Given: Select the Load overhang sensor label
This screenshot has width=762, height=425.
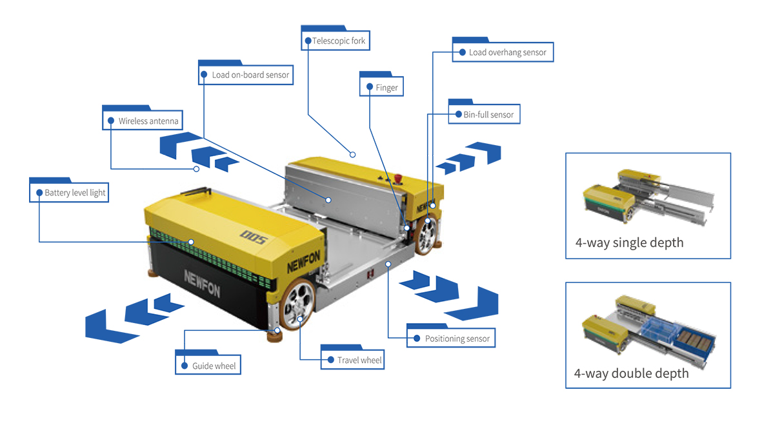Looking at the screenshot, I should (x=503, y=52).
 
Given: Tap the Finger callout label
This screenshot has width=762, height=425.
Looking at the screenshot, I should (x=382, y=87).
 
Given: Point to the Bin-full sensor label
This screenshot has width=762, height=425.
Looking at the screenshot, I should (x=484, y=115).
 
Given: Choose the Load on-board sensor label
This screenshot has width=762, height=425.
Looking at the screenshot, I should (x=245, y=75).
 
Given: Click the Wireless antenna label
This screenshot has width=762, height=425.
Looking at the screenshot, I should (x=143, y=121).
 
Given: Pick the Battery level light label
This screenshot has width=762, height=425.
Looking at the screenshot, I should (x=69, y=192).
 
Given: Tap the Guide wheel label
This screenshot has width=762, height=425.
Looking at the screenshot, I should (x=208, y=366).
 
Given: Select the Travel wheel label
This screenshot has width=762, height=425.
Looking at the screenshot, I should (x=354, y=360).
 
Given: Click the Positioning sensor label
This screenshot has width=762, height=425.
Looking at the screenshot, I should (x=452, y=339).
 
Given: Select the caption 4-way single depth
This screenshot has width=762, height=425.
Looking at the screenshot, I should (x=629, y=243).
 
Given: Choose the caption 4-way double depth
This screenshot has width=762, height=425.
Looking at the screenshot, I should (x=631, y=373).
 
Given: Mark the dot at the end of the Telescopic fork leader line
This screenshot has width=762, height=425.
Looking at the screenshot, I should (x=353, y=154).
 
